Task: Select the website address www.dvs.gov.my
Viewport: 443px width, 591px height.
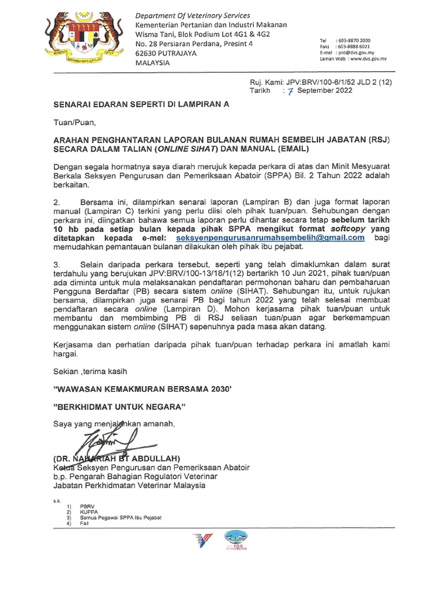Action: pyautogui.click(x=367, y=59)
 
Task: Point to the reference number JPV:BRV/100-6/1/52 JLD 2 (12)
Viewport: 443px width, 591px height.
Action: pyautogui.click(x=336, y=83)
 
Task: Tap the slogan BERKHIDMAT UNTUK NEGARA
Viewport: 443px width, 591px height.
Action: pyautogui.click(x=119, y=407)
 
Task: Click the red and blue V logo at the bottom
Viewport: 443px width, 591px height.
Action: pyautogui.click(x=202, y=541)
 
